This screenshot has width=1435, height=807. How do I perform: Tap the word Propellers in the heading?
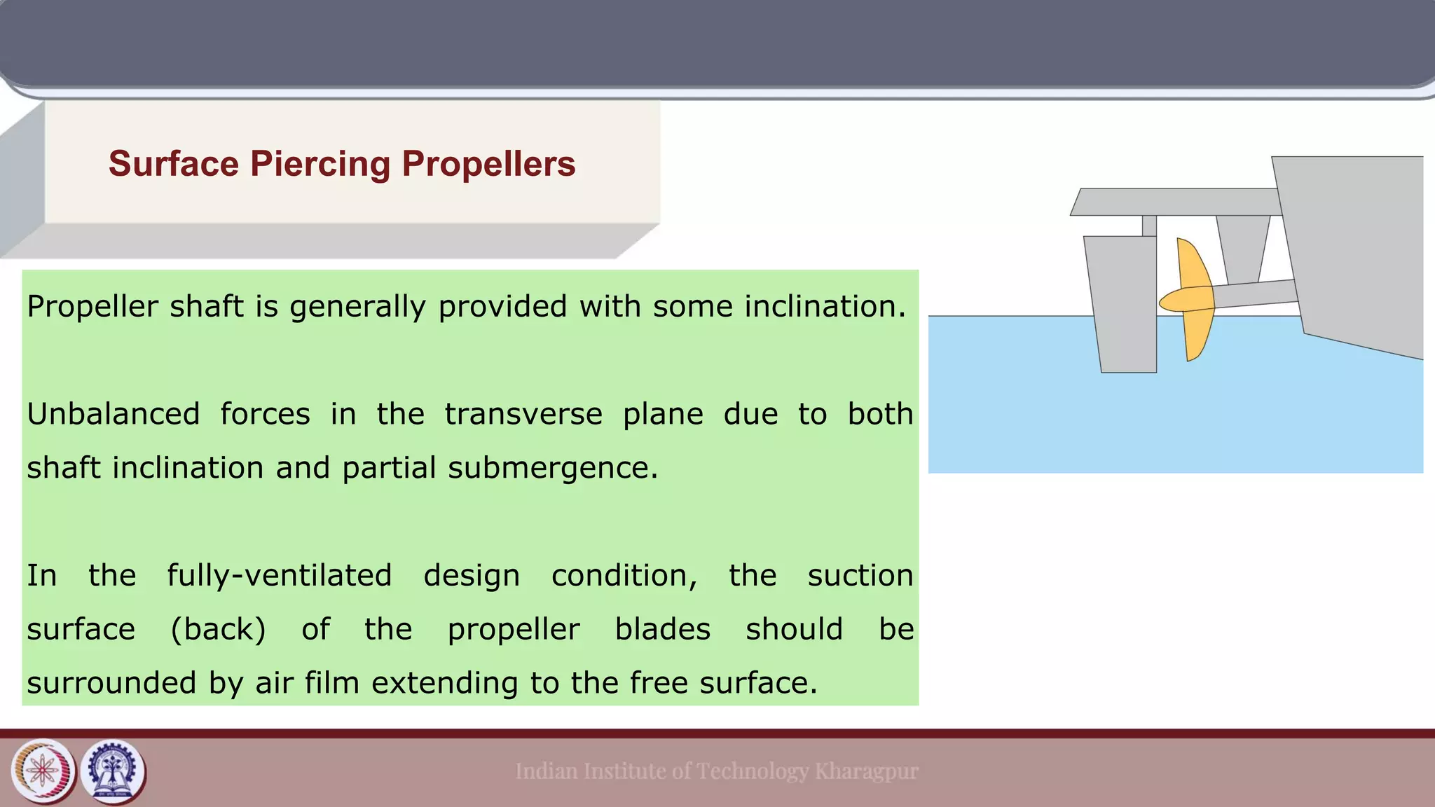(488, 165)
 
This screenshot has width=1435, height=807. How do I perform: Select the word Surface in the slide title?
(174, 165)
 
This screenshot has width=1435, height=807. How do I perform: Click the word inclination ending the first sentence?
(825, 307)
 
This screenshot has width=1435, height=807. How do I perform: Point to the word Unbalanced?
(114, 414)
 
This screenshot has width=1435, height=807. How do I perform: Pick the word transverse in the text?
(523, 414)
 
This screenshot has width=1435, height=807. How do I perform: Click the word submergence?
(553, 468)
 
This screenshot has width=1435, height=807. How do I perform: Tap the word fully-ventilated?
(279, 576)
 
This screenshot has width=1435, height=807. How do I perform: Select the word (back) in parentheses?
(219, 629)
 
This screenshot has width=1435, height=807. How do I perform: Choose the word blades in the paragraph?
(663, 629)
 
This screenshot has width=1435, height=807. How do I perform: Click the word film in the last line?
(331, 683)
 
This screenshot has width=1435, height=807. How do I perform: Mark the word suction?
(860, 576)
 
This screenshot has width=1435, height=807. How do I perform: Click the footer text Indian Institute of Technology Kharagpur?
(716, 771)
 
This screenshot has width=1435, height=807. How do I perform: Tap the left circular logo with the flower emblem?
(43, 771)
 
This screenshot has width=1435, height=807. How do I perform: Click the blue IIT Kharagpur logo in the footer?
(114, 771)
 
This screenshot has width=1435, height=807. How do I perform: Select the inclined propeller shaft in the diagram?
(1254, 293)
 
